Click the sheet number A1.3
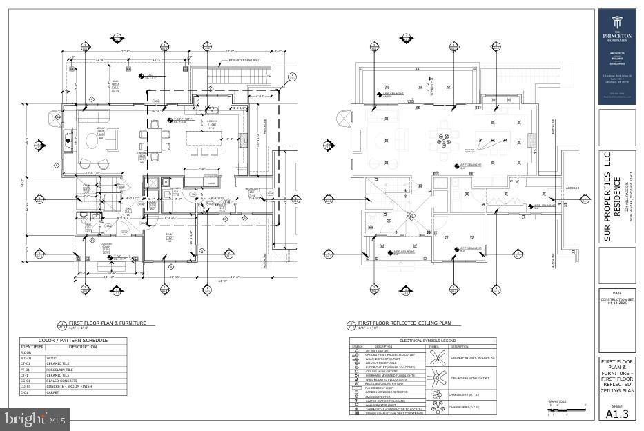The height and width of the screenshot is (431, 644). coord(617,414)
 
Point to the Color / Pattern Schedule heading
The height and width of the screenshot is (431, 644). coord(72,341)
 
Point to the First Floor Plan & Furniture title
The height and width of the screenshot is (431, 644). coord(108,323)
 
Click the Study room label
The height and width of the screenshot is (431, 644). coord(168,237)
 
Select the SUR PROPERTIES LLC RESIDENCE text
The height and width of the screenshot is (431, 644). coord(616,197)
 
